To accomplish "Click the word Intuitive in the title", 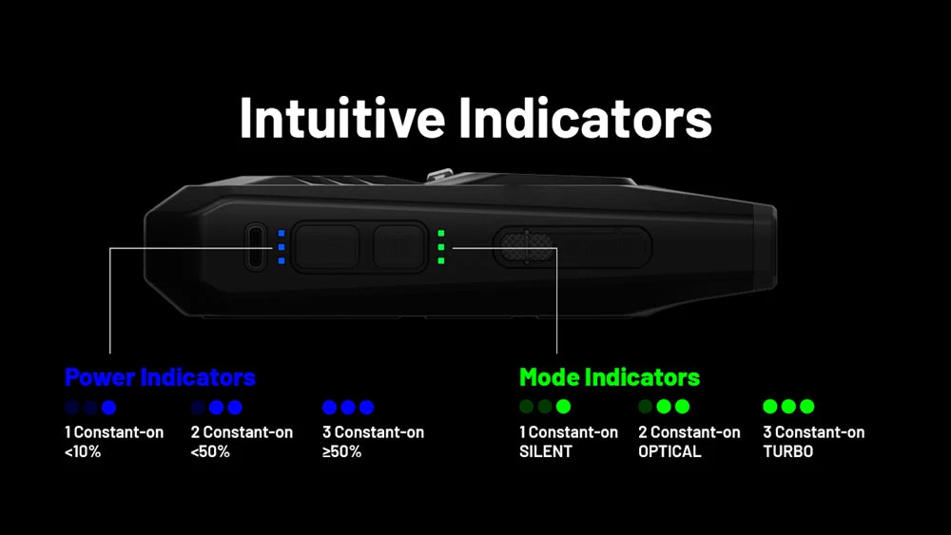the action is pyautogui.click(x=342, y=118).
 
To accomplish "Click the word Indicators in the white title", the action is pyautogui.click(x=585, y=118).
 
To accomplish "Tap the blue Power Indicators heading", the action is pyautogui.click(x=160, y=377).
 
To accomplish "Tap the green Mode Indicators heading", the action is pyautogui.click(x=610, y=377).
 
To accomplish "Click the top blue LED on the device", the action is pyautogui.click(x=281, y=233).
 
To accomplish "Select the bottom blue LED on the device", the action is pyautogui.click(x=281, y=261).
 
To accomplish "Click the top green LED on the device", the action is pyautogui.click(x=441, y=233).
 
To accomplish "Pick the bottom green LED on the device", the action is pyautogui.click(x=441, y=261).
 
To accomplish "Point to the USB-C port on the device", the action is pyautogui.click(x=256, y=247).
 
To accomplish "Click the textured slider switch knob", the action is pyautogui.click(x=527, y=247).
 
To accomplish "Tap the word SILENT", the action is pyautogui.click(x=546, y=451).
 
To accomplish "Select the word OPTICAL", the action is pyautogui.click(x=670, y=451).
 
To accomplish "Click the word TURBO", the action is pyautogui.click(x=787, y=451).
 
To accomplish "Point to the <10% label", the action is pyautogui.click(x=83, y=451).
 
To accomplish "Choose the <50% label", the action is pyautogui.click(x=210, y=451).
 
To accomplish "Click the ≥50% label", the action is pyautogui.click(x=342, y=451).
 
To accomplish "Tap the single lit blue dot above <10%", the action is pyautogui.click(x=108, y=407).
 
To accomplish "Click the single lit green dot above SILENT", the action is pyautogui.click(x=563, y=407).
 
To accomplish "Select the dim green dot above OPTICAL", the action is pyautogui.click(x=646, y=407).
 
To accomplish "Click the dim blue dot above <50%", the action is pyautogui.click(x=199, y=407).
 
